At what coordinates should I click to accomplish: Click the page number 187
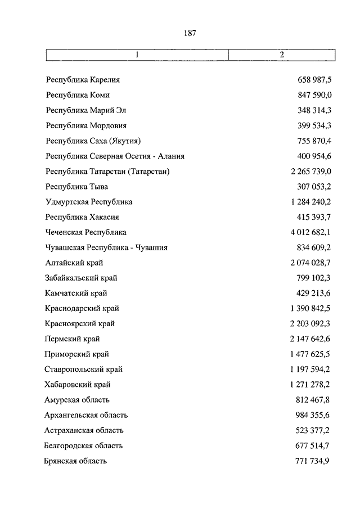coord(190,33)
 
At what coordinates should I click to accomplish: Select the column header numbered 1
coord(137,55)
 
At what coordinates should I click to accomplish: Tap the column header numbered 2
coord(282,55)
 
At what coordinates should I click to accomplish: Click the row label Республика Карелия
coord(83,80)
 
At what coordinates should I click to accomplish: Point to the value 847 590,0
coord(314,95)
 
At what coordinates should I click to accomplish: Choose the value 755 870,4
coord(314,141)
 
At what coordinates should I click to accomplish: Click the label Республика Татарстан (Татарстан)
coord(108,171)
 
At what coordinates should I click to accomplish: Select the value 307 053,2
coord(314,186)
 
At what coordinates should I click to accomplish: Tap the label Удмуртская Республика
coord(89,201)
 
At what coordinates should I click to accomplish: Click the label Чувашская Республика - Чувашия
coord(106,247)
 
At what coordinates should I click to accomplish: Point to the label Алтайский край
coord(74,262)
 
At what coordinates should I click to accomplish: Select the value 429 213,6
coord(314,293)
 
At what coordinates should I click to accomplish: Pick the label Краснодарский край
coord(82,308)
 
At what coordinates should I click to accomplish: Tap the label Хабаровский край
coord(78,385)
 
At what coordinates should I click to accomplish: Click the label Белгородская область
coord(83,445)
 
